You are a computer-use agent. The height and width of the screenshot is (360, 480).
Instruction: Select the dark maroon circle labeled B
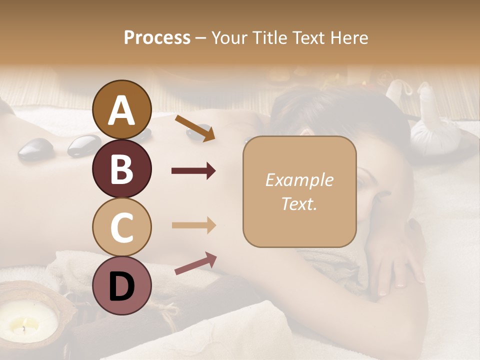(122, 168)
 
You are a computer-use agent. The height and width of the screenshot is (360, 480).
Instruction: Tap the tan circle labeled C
(122, 227)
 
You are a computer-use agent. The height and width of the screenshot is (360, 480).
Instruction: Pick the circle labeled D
(122, 286)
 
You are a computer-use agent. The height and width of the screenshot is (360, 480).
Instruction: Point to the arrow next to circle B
(193, 171)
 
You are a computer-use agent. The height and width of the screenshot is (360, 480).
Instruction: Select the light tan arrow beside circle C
(193, 225)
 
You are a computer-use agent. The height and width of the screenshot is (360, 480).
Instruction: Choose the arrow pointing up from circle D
(195, 263)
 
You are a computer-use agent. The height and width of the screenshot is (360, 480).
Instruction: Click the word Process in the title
(157, 37)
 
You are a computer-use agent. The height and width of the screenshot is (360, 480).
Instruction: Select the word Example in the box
(299, 180)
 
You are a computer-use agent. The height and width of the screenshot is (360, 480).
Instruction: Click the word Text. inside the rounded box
(299, 203)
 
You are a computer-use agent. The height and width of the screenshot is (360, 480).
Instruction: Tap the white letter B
(122, 168)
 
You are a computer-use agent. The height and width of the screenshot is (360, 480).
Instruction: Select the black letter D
(122, 286)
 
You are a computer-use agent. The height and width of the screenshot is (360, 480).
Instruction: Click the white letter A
(122, 110)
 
